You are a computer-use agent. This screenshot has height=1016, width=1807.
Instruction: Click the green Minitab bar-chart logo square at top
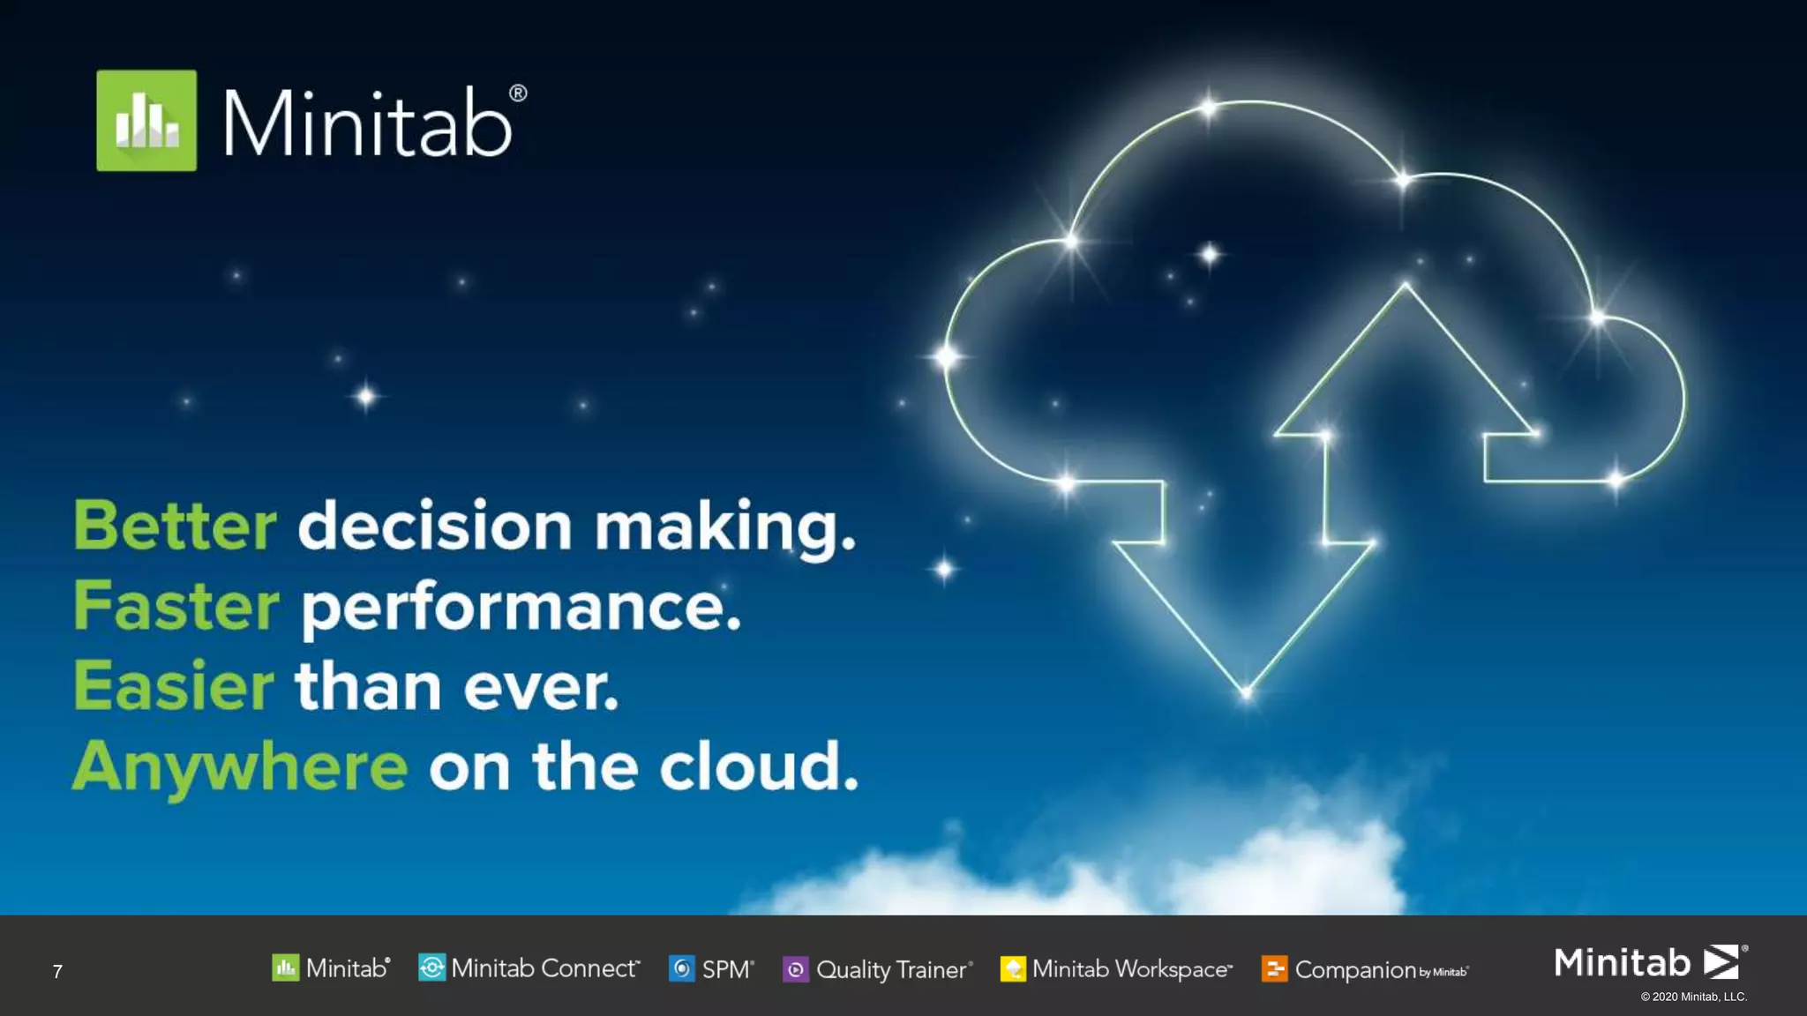pos(146,121)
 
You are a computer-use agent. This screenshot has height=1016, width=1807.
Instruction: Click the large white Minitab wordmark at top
pos(368,123)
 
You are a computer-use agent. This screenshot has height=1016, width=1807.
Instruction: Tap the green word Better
pos(175,527)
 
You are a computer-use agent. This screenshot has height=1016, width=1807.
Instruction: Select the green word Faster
pos(176,607)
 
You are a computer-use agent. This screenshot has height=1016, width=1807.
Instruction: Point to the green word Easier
pos(173,686)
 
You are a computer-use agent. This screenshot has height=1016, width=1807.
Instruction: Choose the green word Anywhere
pos(240,766)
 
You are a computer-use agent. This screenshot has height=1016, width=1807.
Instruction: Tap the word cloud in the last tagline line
pos(759,766)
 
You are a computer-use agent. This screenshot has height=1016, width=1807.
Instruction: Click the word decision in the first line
pos(435,527)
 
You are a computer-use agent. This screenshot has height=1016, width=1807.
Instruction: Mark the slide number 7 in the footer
pos(57,972)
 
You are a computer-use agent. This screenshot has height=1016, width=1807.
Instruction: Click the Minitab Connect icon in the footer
pos(431,967)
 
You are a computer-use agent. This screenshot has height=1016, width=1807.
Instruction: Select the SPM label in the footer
pos(727,969)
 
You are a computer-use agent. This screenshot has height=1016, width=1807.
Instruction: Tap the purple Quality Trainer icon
pos(795,969)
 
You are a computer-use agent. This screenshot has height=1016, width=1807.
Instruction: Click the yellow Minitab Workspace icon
pos(1013,969)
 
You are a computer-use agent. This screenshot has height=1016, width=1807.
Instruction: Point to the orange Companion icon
pos(1274,969)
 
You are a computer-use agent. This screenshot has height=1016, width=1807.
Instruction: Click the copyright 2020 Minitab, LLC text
pos(1693,997)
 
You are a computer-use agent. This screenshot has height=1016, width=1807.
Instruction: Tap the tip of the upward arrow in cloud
pos(1406,285)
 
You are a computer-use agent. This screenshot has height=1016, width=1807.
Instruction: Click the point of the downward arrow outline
pos(1246,693)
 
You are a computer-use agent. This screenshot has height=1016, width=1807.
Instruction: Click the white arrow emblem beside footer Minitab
pos(1721,961)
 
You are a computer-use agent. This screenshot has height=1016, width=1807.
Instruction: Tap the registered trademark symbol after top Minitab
pos(518,93)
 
